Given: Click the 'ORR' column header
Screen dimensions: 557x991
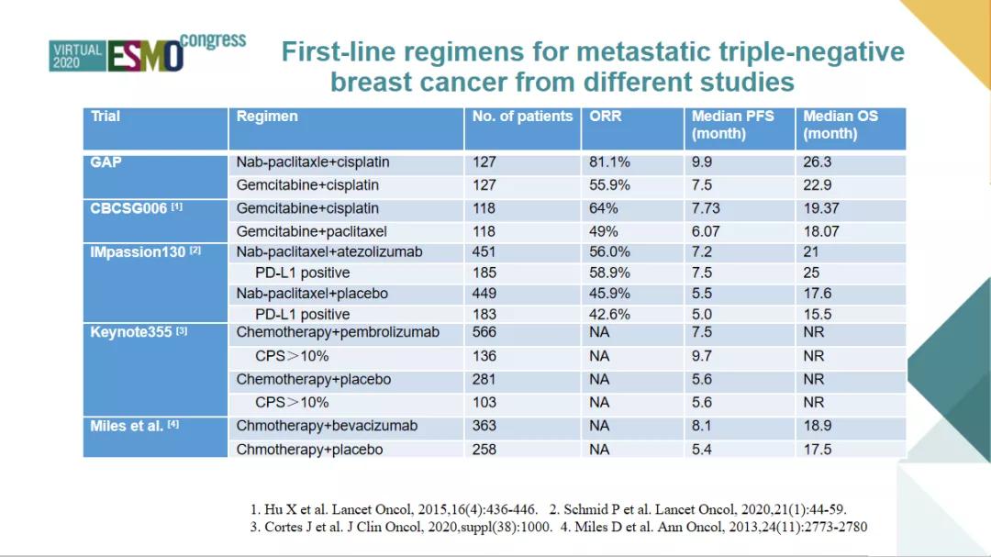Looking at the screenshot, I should pos(606,117).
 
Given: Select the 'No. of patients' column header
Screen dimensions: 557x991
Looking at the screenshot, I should pos(522,117).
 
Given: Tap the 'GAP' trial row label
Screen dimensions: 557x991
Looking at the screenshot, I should pos(106,162).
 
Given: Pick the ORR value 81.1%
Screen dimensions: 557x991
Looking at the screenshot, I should pos(609,162).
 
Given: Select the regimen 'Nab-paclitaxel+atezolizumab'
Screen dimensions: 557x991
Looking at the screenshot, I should pos(329,251).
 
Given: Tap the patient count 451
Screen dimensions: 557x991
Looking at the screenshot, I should pos(484,251).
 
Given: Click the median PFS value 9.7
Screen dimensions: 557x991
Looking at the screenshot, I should pos(702,356).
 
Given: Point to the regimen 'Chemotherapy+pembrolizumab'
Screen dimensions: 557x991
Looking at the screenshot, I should pos(338,332).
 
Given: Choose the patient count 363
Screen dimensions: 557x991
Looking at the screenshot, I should pos(484,426).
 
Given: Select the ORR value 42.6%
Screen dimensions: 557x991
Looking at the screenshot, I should pos(609,314).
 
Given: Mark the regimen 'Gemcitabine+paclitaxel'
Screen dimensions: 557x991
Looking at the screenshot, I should pos(312,231).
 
